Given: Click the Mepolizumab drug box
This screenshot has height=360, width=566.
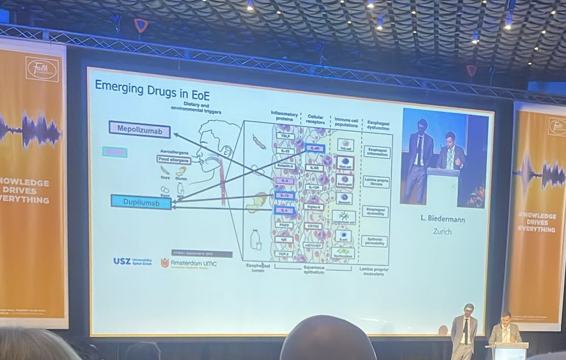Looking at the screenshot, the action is (139, 129).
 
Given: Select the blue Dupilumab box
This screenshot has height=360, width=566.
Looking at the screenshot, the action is (141, 201).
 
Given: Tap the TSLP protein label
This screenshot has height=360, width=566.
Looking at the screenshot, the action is (284, 136).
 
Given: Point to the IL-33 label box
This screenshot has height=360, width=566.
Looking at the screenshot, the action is (284, 152).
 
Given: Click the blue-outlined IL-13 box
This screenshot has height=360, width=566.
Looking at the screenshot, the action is (284, 195).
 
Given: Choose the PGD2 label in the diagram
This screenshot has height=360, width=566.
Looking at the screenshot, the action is (284, 225).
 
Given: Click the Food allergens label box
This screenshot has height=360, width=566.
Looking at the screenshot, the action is (174, 160).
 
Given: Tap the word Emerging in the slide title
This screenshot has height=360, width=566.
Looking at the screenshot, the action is (116, 86).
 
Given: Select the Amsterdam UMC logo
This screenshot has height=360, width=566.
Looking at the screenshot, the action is (188, 263).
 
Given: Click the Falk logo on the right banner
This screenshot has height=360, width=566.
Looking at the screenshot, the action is (557, 126).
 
